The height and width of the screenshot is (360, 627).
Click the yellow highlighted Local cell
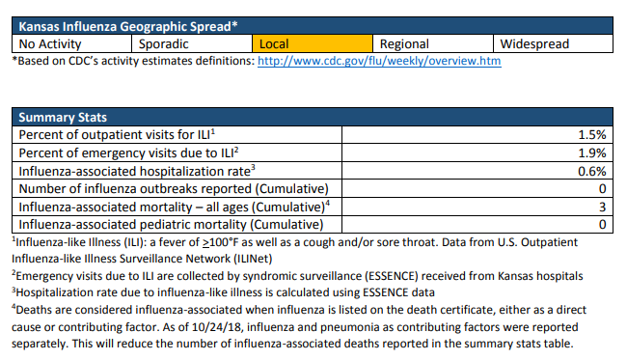click(313, 43)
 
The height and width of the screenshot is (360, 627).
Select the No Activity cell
click(72, 43)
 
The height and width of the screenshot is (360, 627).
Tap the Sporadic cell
click(192, 43)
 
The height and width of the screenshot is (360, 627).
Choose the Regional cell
click(433, 43)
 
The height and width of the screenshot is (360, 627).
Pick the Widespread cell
click(553, 43)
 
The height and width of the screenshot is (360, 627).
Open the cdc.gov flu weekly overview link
click(379, 61)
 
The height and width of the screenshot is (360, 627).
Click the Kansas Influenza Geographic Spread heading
click(128, 26)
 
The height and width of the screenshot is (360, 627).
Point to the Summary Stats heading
click(63, 117)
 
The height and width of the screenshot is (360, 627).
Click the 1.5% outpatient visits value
click(592, 135)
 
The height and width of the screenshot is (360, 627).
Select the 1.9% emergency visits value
click(592, 152)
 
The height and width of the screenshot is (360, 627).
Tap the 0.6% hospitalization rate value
click(592, 171)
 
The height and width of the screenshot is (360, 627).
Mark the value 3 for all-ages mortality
click(603, 207)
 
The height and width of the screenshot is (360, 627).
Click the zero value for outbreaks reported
click(603, 189)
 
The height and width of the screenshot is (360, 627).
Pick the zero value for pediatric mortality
click(603, 225)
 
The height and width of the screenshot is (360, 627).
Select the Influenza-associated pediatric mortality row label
click(171, 225)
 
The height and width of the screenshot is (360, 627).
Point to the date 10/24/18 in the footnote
click(216, 327)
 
